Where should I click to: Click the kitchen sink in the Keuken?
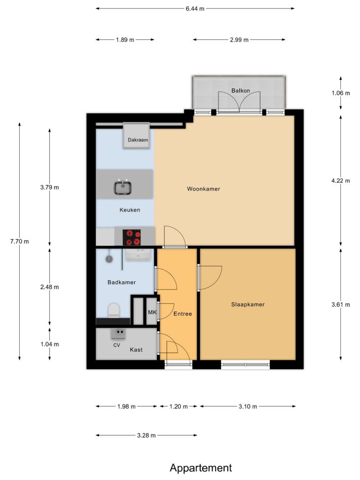click(123, 187)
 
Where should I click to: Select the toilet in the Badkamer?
click(113, 310)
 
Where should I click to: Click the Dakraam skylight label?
click(138, 140)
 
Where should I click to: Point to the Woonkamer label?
click(204, 189)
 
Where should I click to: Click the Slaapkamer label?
click(248, 304)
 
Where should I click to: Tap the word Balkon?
click(241, 91)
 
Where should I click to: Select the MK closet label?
click(152, 312)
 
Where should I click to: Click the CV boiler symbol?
click(118, 333)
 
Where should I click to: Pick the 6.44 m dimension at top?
click(195, 8)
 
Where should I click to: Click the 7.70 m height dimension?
click(20, 241)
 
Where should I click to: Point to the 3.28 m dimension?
click(146, 435)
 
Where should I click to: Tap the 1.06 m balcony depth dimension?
click(341, 93)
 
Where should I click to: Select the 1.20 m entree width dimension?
click(179, 406)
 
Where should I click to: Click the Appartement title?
click(201, 468)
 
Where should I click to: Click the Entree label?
click(183, 314)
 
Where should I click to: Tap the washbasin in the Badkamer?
click(139, 255)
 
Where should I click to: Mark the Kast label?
click(136, 350)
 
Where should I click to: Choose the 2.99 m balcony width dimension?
click(239, 40)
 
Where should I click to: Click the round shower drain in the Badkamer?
click(109, 259)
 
